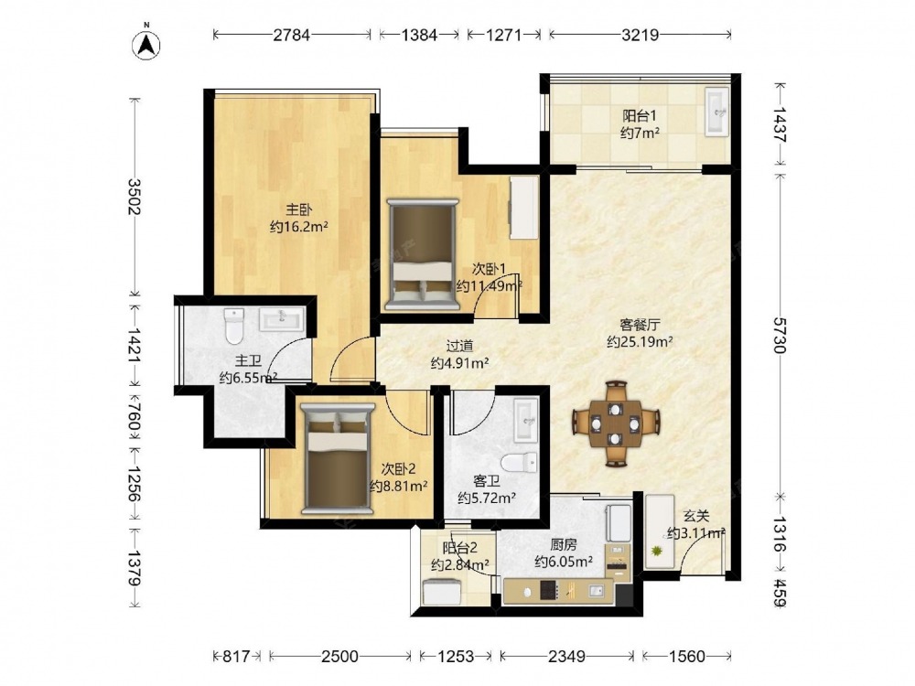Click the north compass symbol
pos(145,44)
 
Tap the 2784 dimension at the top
pos(292,35)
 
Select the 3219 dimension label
pos(640,35)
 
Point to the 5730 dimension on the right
pos(780,336)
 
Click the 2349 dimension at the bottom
pos(566,657)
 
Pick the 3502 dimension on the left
pos(135,196)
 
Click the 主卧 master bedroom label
pos(298,209)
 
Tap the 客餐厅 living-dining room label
pos(640,325)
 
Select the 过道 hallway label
pos(459,346)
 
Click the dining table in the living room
pos(616,424)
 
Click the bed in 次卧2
pos(338,459)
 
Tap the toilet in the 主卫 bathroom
pos(233,327)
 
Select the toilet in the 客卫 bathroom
pos(520,463)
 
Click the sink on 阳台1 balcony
pos(716,112)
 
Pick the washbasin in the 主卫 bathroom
pos(282,319)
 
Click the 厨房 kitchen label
pos(564,545)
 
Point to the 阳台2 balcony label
pos(460,548)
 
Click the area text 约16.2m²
pos(299,226)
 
